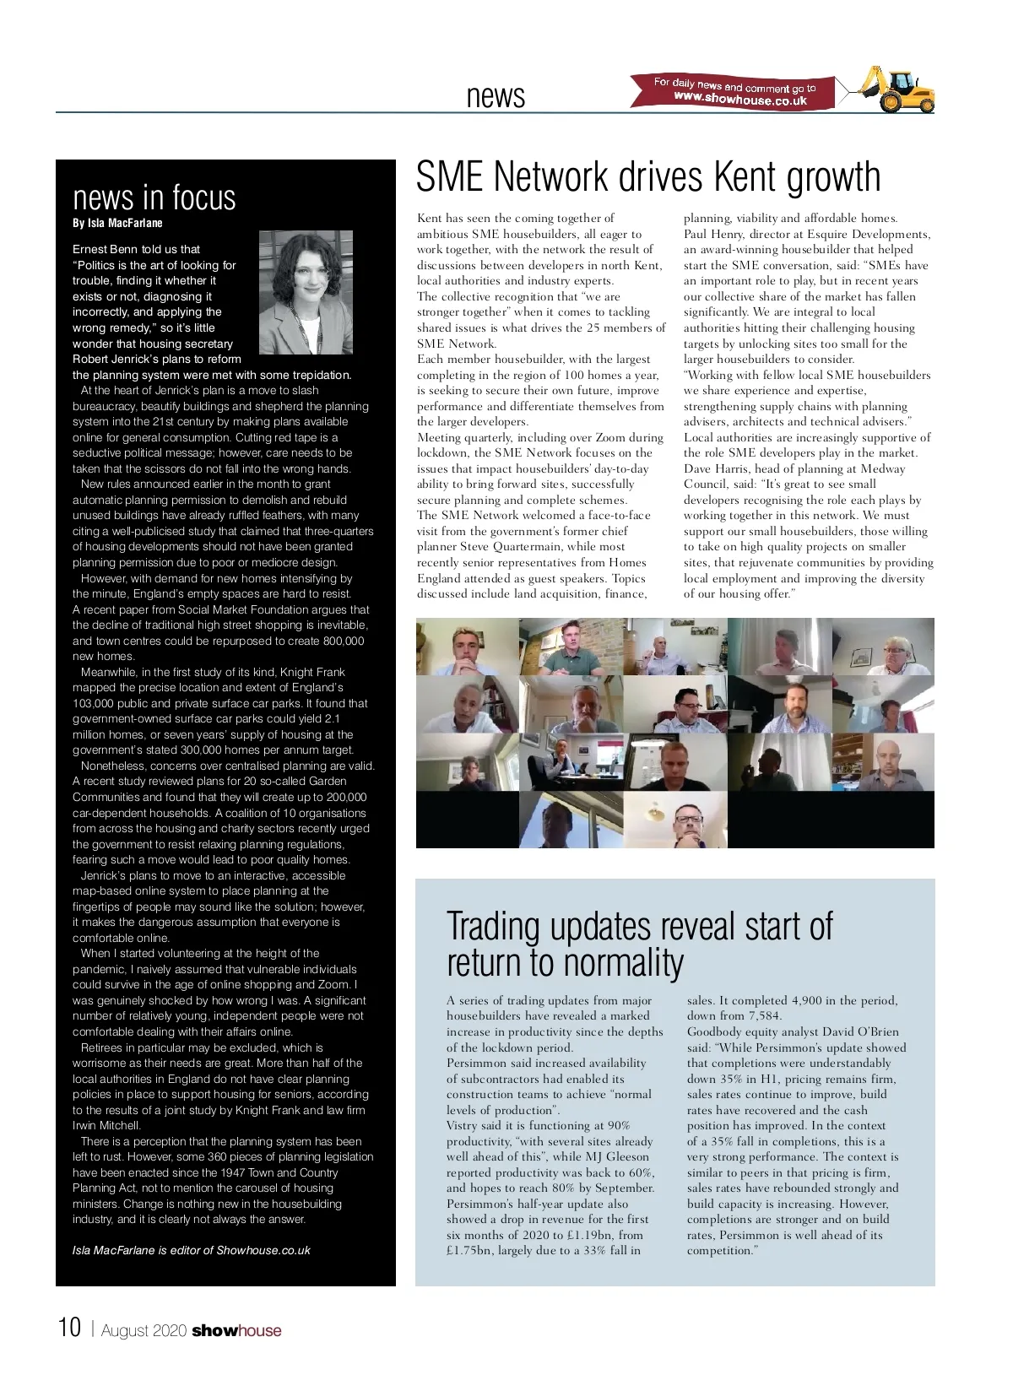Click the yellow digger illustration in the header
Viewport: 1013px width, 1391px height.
coord(900,89)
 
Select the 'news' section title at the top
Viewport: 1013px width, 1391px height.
coord(496,96)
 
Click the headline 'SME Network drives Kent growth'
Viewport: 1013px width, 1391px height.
coord(647,176)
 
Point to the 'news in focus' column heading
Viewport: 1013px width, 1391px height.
coord(154,197)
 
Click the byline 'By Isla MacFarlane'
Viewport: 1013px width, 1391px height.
coord(117,224)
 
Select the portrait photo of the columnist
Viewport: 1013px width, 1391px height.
coord(306,293)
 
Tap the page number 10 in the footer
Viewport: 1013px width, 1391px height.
coord(69,1328)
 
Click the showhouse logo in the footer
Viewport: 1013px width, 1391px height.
coord(236,1331)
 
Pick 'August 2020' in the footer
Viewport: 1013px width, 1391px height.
coord(144,1331)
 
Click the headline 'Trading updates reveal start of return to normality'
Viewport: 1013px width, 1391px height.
coord(638,944)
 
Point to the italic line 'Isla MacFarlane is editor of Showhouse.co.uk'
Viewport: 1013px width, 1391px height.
coord(192,1250)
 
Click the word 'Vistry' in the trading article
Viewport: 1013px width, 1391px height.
coord(463,1125)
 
